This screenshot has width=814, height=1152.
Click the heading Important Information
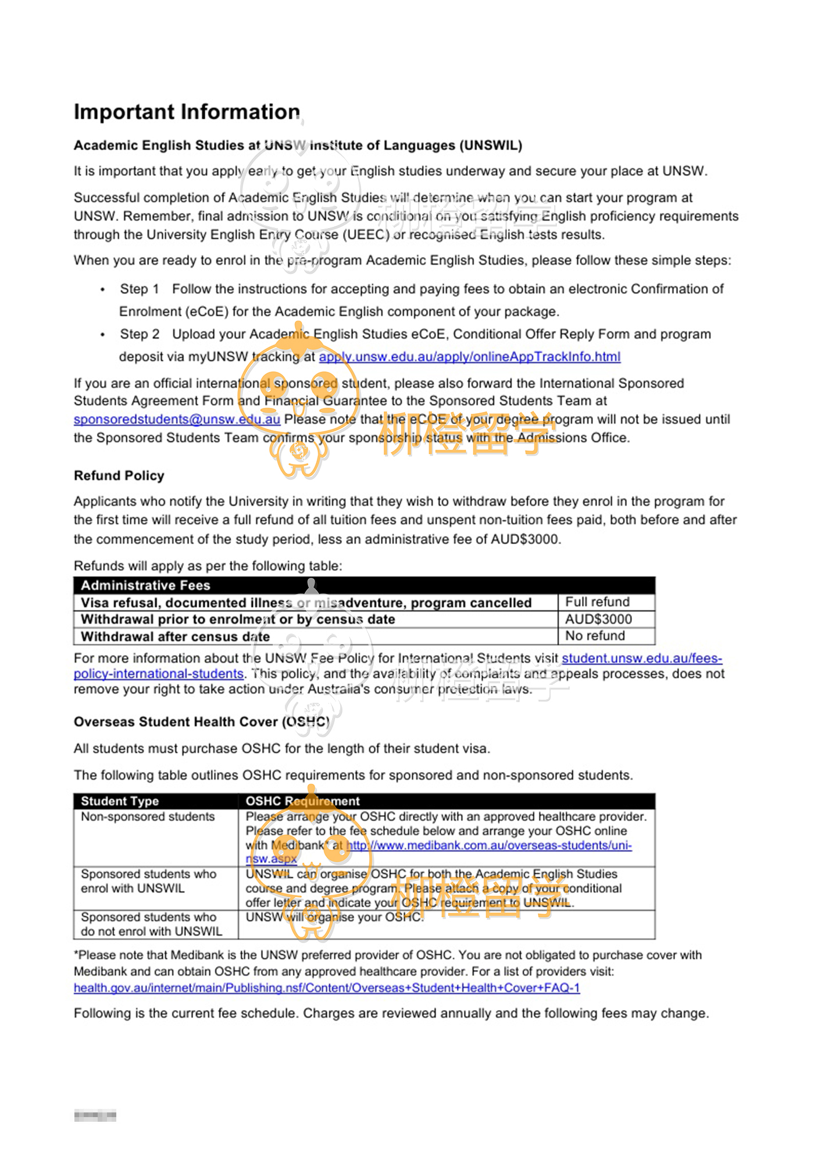pyautogui.click(x=187, y=112)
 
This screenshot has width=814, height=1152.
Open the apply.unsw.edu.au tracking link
pyautogui.click(x=470, y=357)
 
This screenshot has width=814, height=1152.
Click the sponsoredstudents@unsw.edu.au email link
pyautogui.click(x=177, y=419)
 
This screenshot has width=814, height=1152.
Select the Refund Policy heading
pyautogui.click(x=119, y=476)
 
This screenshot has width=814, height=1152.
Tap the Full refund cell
pyautogui.click(x=597, y=602)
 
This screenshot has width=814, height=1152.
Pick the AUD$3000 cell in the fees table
pyautogui.click(x=598, y=619)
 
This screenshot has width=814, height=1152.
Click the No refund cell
pyautogui.click(x=595, y=636)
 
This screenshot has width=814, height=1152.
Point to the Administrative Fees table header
pyautogui.click(x=145, y=585)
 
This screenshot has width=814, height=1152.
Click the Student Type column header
pyautogui.click(x=120, y=801)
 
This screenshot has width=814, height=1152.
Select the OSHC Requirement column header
pyautogui.click(x=302, y=801)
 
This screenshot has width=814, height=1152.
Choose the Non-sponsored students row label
pyautogui.click(x=148, y=817)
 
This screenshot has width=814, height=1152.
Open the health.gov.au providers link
pyautogui.click(x=327, y=988)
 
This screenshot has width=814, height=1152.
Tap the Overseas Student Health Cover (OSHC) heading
pyautogui.click(x=201, y=722)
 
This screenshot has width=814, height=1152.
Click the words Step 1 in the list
pyautogui.click(x=140, y=289)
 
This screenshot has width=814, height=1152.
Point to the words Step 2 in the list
pyautogui.click(x=140, y=335)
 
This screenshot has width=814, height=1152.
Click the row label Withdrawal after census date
pyautogui.click(x=175, y=637)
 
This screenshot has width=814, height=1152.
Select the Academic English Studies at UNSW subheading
pyautogui.click(x=298, y=145)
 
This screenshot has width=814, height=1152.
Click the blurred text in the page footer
pyautogui.click(x=95, y=1115)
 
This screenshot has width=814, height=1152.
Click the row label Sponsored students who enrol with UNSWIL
pyautogui.click(x=148, y=881)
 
